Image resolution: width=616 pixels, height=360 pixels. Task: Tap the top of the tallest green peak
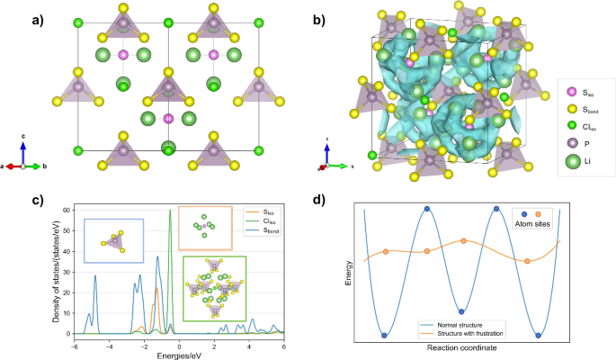pos(170,211)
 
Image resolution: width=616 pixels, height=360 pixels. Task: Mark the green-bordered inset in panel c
pos(216,288)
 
